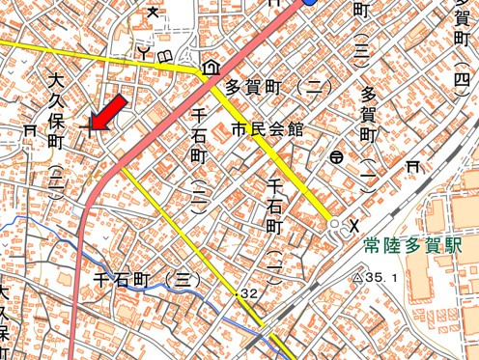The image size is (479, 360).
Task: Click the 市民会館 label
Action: click(267, 128)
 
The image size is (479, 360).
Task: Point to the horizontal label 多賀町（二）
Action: click(278, 87)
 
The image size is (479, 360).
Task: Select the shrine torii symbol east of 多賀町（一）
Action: click(414, 167)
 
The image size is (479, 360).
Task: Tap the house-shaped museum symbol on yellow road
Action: click(210, 69)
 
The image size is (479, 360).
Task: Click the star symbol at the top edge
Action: click(153, 11)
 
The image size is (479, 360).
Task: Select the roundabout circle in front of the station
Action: click(335, 224)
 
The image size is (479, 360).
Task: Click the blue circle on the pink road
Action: click(309, 3)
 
